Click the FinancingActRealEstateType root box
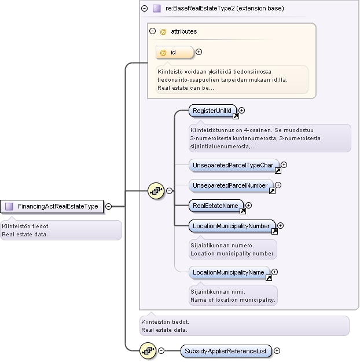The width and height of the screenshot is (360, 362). pyautogui.click(x=52, y=206)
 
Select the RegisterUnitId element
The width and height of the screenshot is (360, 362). pyautogui.click(x=212, y=111)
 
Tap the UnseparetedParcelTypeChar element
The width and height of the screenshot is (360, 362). pyautogui.click(x=234, y=165)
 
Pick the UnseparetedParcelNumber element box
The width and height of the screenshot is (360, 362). pyautogui.click(x=231, y=185)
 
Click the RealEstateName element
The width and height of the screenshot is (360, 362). pyautogui.click(x=216, y=206)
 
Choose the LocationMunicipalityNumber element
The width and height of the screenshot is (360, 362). pyautogui.click(x=232, y=226)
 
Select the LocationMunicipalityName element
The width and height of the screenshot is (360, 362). pyautogui.click(x=229, y=272)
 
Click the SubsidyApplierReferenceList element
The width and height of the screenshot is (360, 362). pyautogui.click(x=226, y=351)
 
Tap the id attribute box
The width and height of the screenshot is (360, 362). pyautogui.click(x=175, y=52)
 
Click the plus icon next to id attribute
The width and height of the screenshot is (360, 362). pyautogui.click(x=199, y=52)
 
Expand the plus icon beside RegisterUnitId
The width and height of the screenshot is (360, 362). pyautogui.click(x=241, y=111)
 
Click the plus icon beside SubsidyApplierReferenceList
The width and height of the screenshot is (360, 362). pyautogui.click(x=277, y=350)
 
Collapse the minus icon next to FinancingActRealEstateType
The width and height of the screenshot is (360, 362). pyautogui.click(x=108, y=206)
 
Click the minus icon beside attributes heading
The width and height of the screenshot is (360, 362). pyautogui.click(x=153, y=31)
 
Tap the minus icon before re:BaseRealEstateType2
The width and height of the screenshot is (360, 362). pyautogui.click(x=145, y=9)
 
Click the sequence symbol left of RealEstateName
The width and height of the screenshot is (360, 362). pyautogui.click(x=156, y=191)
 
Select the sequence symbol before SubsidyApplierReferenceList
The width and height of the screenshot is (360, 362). pyautogui.click(x=148, y=351)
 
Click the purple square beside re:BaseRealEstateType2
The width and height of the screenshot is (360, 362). pyautogui.click(x=157, y=9)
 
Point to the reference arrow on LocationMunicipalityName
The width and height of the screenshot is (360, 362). pyautogui.click(x=269, y=278)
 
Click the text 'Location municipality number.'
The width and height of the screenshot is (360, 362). pyautogui.click(x=233, y=254)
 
